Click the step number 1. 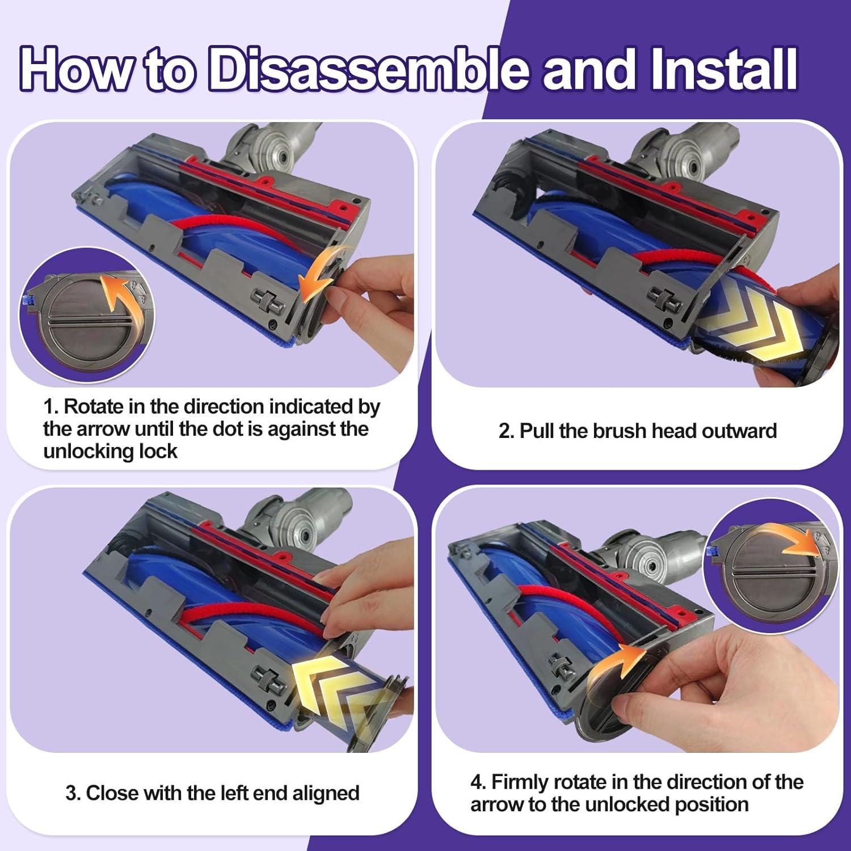click(51, 407)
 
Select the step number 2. click(506, 431)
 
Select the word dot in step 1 click(225, 429)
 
